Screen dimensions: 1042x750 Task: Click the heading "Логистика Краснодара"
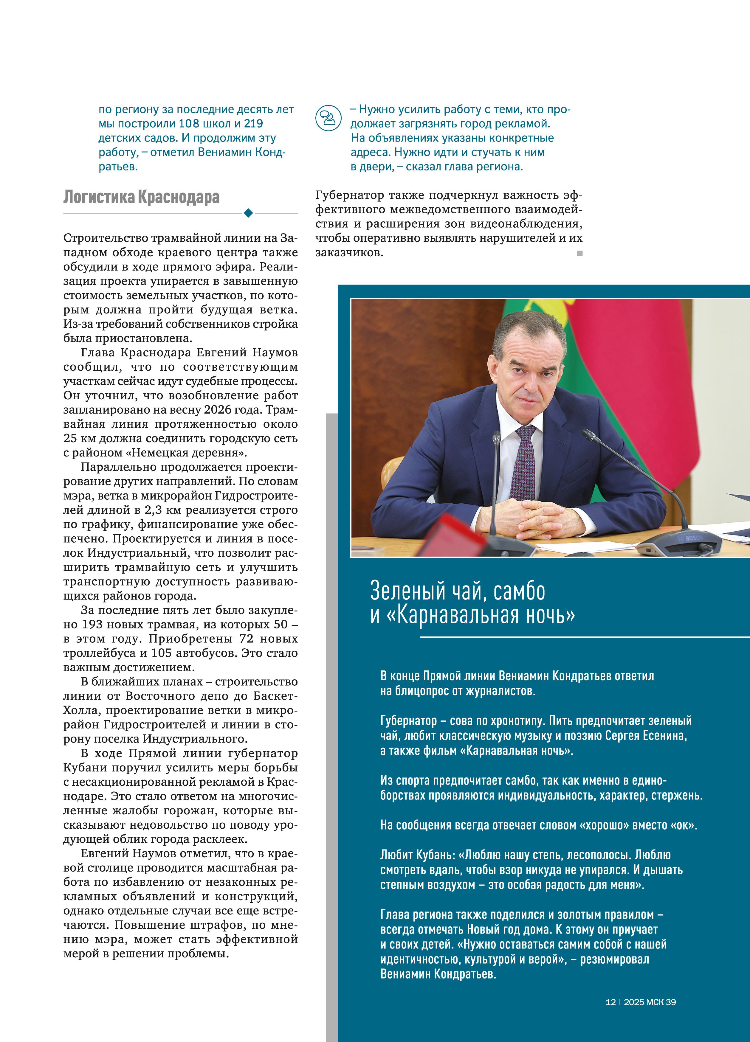coord(141,197)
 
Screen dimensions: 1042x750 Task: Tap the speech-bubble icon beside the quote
coord(328,118)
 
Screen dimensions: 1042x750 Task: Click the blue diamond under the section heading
coord(248,213)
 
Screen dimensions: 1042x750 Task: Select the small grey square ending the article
coord(579,253)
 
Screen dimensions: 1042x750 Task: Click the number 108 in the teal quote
coord(188,124)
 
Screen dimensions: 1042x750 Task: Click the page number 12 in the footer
coord(610,1002)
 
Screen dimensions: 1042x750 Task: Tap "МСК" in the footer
coord(655,1002)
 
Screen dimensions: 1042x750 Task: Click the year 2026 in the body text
coord(217,410)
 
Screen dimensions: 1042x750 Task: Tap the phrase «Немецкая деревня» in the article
coord(186,453)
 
